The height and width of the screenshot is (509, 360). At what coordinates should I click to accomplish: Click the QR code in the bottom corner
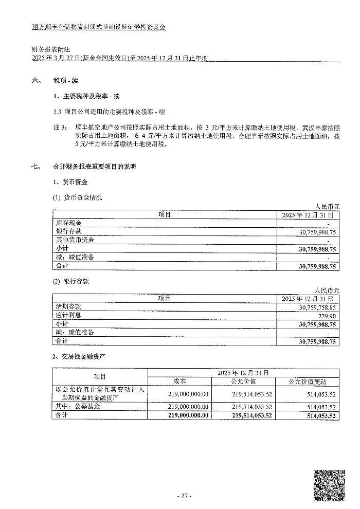point(329,484)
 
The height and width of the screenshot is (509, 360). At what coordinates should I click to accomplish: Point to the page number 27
point(184,496)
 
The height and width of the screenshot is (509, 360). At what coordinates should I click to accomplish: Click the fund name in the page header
point(98,27)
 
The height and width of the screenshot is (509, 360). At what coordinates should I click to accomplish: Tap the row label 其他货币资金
point(75,240)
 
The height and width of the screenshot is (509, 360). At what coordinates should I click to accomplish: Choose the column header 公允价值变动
point(307,381)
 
